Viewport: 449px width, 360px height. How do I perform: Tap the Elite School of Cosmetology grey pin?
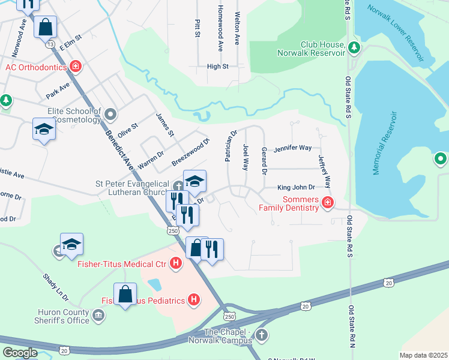pos(110,113)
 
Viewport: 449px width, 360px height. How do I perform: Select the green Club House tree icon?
pos(354,47)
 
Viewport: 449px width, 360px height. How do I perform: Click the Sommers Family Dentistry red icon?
pos(327,203)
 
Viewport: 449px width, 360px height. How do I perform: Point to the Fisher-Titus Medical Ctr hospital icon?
pos(176,263)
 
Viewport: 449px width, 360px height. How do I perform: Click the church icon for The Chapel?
pos(261,334)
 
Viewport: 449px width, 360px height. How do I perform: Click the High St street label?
pos(217,67)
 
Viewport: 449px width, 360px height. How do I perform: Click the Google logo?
pos(20,353)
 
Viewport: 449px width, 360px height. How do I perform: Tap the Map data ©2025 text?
pos(423,355)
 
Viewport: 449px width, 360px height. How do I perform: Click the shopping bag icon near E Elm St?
pos(45,27)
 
